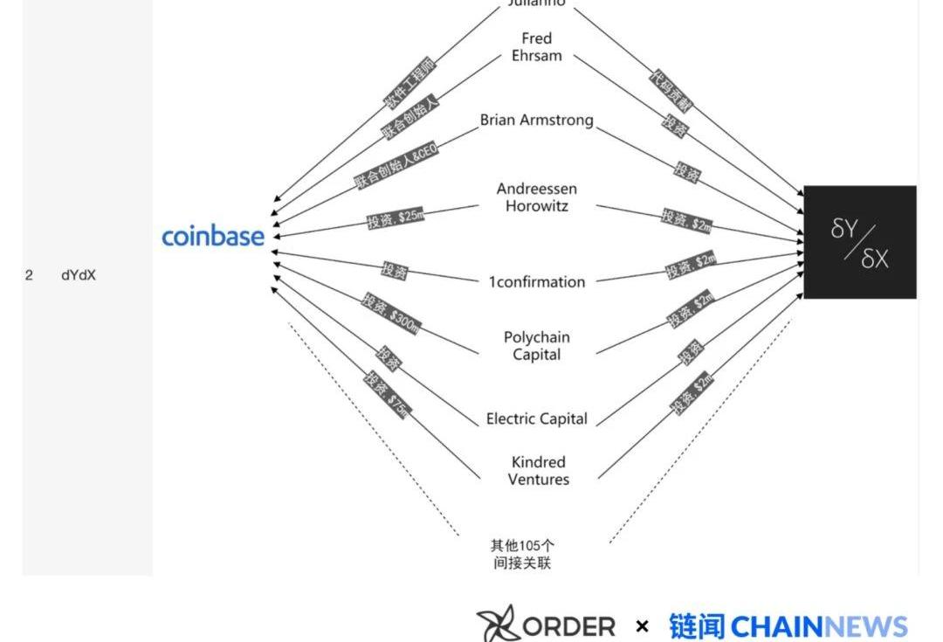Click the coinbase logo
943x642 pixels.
(213, 236)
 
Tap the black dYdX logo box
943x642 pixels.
(859, 242)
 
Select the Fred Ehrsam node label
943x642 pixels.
(536, 47)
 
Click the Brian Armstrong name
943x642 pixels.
(536, 121)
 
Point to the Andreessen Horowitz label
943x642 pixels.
(536, 197)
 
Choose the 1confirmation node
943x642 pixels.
(536, 281)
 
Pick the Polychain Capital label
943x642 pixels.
(536, 346)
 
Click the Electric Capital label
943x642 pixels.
(536, 419)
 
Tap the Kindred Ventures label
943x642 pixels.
(538, 471)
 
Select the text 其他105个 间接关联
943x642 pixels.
(522, 555)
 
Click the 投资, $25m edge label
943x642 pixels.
(396, 218)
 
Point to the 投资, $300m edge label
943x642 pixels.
(391, 313)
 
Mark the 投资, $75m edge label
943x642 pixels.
(387, 395)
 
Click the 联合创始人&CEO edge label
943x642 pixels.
(396, 164)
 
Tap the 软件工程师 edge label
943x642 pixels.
(410, 85)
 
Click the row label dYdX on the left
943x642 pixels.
(79, 275)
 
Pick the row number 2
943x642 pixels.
(29, 275)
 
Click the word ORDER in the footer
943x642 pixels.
(568, 626)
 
